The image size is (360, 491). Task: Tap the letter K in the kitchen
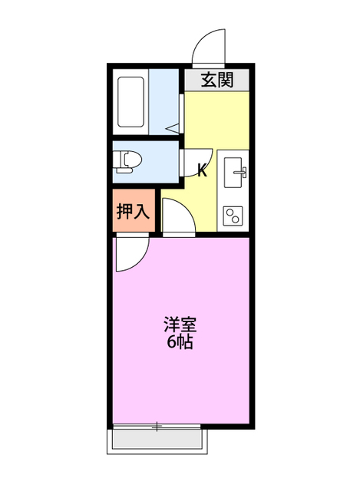pyautogui.click(x=203, y=170)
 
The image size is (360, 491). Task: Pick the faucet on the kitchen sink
pyautogui.click(x=243, y=166)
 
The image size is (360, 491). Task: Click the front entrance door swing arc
pyautogui.click(x=209, y=48)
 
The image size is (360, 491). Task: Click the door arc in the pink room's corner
pyautogui.click(x=128, y=255)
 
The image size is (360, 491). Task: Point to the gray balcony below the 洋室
pyautogui.click(x=159, y=440)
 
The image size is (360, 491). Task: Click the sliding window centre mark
pyautogui.click(x=158, y=426)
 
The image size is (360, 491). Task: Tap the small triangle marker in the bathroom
pyautogui.click(x=173, y=126)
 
